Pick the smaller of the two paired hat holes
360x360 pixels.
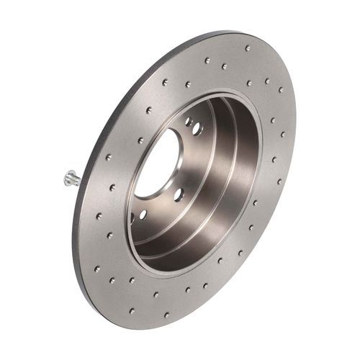coord(188,122)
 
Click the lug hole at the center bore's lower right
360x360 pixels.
coord(179,194)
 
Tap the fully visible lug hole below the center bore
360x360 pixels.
coord(144,214)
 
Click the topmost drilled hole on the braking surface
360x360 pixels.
coord(247,48)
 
